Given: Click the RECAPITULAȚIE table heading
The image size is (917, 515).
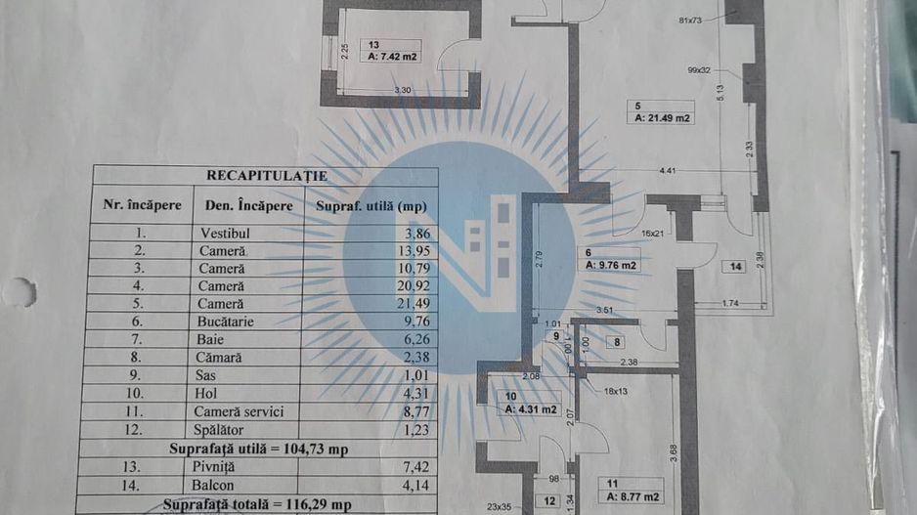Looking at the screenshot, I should click(x=266, y=176).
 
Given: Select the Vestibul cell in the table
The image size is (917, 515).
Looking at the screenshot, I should click(x=226, y=234).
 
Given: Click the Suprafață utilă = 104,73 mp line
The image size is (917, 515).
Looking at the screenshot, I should click(x=266, y=448).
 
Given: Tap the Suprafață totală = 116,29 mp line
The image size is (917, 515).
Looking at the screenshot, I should click(x=266, y=504).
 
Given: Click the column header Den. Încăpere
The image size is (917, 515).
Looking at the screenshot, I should click(x=249, y=206).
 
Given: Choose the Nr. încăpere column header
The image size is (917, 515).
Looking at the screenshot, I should click(x=143, y=206).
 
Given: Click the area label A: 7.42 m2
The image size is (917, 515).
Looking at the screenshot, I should click(x=393, y=57).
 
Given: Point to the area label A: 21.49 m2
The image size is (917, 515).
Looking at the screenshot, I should click(x=663, y=118).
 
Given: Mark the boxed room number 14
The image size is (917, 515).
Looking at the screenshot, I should click(x=734, y=266).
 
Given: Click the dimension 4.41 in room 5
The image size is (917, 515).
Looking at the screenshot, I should click(x=668, y=172).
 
